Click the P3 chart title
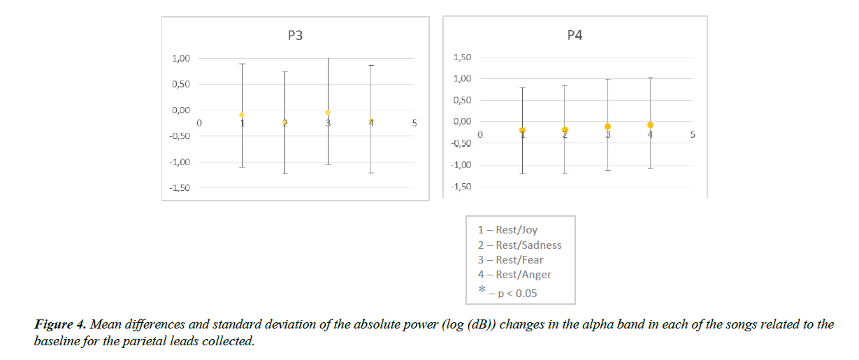click(x=295, y=36)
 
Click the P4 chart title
click(x=575, y=36)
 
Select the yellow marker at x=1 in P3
click(x=242, y=115)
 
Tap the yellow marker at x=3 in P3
click(x=328, y=112)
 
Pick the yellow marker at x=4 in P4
click(x=651, y=125)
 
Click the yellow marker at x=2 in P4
click(x=565, y=130)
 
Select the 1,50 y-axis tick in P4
click(x=463, y=57)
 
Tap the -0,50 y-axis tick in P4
click(x=461, y=143)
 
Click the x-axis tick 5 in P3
click(x=414, y=123)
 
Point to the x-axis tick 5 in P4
click(x=693, y=134)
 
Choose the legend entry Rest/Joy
click(x=507, y=229)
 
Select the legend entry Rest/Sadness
click(x=519, y=245)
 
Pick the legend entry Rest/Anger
click(x=514, y=275)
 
